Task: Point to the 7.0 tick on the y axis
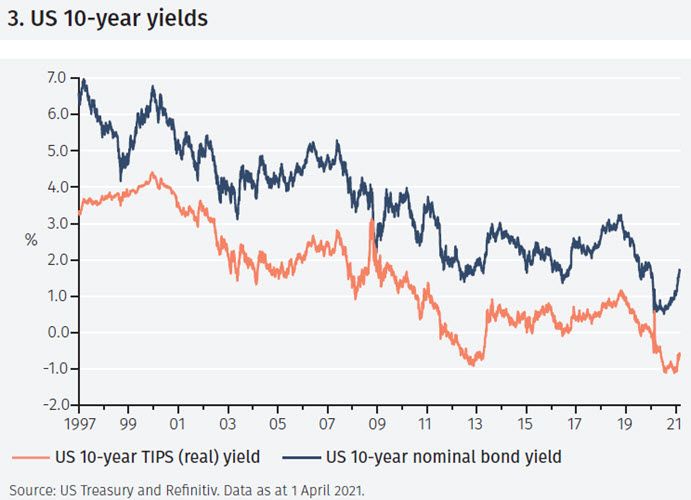coord(56,78)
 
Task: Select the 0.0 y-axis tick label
coord(56,333)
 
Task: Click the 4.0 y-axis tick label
coord(56,187)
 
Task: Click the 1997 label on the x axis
coord(78,422)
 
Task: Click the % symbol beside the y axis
coord(30,241)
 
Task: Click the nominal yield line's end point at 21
coord(680,270)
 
